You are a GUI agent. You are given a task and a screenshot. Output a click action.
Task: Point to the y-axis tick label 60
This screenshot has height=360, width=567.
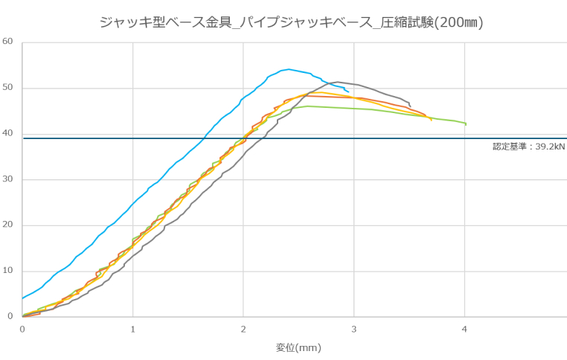pos(8,41)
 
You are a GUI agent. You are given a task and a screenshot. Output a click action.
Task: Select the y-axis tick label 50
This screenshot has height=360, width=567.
pos(8,88)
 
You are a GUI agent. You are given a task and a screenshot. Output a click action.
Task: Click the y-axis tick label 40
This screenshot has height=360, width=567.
pos(8,133)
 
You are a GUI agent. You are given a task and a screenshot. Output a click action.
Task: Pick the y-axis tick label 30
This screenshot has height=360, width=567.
pos(8,179)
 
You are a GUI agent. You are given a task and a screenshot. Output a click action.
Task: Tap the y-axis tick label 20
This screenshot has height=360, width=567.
pos(8,225)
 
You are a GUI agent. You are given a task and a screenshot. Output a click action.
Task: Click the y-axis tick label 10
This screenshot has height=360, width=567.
pos(8,271)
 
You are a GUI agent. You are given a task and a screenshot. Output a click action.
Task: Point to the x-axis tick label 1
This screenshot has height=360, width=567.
pos(132,328)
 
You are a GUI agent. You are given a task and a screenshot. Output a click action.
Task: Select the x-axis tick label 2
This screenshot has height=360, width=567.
pos(243,328)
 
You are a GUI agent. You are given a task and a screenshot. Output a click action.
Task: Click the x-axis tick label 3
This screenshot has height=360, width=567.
pos(354,328)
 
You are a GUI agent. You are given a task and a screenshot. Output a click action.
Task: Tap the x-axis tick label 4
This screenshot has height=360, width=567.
pos(465,328)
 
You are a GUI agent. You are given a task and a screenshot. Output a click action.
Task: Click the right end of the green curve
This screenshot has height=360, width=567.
pos(466,124)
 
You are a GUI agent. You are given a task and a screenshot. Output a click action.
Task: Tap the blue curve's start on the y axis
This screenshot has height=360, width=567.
pos(22,298)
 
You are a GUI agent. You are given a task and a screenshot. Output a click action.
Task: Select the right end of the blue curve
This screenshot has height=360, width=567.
pos(348,91)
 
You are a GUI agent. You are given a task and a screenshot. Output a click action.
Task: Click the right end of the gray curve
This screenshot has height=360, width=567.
pos(410,106)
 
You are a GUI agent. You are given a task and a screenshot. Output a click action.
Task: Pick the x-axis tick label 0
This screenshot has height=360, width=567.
pos(22,328)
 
